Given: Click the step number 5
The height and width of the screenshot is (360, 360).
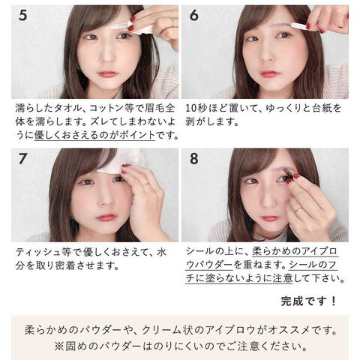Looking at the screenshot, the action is click(22, 15).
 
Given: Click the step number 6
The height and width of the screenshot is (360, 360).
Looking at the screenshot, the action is click(193, 15).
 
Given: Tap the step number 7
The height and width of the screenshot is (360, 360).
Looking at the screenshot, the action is click(22, 158).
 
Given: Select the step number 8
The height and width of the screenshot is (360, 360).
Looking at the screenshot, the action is click(193, 158).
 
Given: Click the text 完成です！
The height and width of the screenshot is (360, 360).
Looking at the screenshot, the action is click(309, 301).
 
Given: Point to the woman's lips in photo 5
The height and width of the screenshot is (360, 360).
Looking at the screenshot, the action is click(107, 74).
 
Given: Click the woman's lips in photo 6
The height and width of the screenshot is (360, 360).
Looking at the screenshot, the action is click(268, 74).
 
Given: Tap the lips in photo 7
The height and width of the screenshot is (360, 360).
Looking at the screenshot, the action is click(106, 217).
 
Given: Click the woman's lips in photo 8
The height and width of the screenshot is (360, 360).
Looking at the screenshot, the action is click(268, 219).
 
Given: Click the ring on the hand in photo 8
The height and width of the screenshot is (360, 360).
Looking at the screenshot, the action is click(298, 210).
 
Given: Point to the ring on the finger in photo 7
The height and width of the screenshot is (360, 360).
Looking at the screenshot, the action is click(146, 184).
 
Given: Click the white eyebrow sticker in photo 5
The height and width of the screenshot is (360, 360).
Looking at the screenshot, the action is click(119, 26).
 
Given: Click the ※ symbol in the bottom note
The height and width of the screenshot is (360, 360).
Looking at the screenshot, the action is click(59, 346).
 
